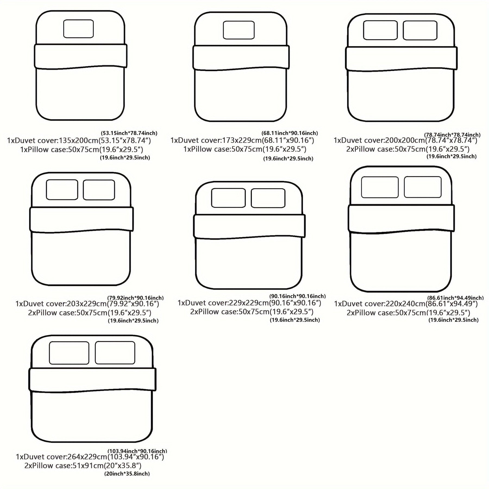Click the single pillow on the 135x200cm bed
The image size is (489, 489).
pos(79,29)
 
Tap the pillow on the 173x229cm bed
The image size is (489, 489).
pos(239,30)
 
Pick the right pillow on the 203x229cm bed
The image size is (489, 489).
pos(99,190)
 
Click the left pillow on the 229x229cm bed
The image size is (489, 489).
pos(228,198)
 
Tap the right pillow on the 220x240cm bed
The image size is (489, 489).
pos(423,187)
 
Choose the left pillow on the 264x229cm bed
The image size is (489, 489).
pos(69,353)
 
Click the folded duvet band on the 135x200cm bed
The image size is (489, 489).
pos(81,56)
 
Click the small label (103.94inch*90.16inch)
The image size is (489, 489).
pos(137,451)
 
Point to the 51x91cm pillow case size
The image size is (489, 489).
pos(88,466)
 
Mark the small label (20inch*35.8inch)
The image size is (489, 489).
pos(127,474)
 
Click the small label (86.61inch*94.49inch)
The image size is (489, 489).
pos(455,298)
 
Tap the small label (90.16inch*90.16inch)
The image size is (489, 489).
pos(297,296)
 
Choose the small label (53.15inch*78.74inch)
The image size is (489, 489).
pos(129,133)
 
